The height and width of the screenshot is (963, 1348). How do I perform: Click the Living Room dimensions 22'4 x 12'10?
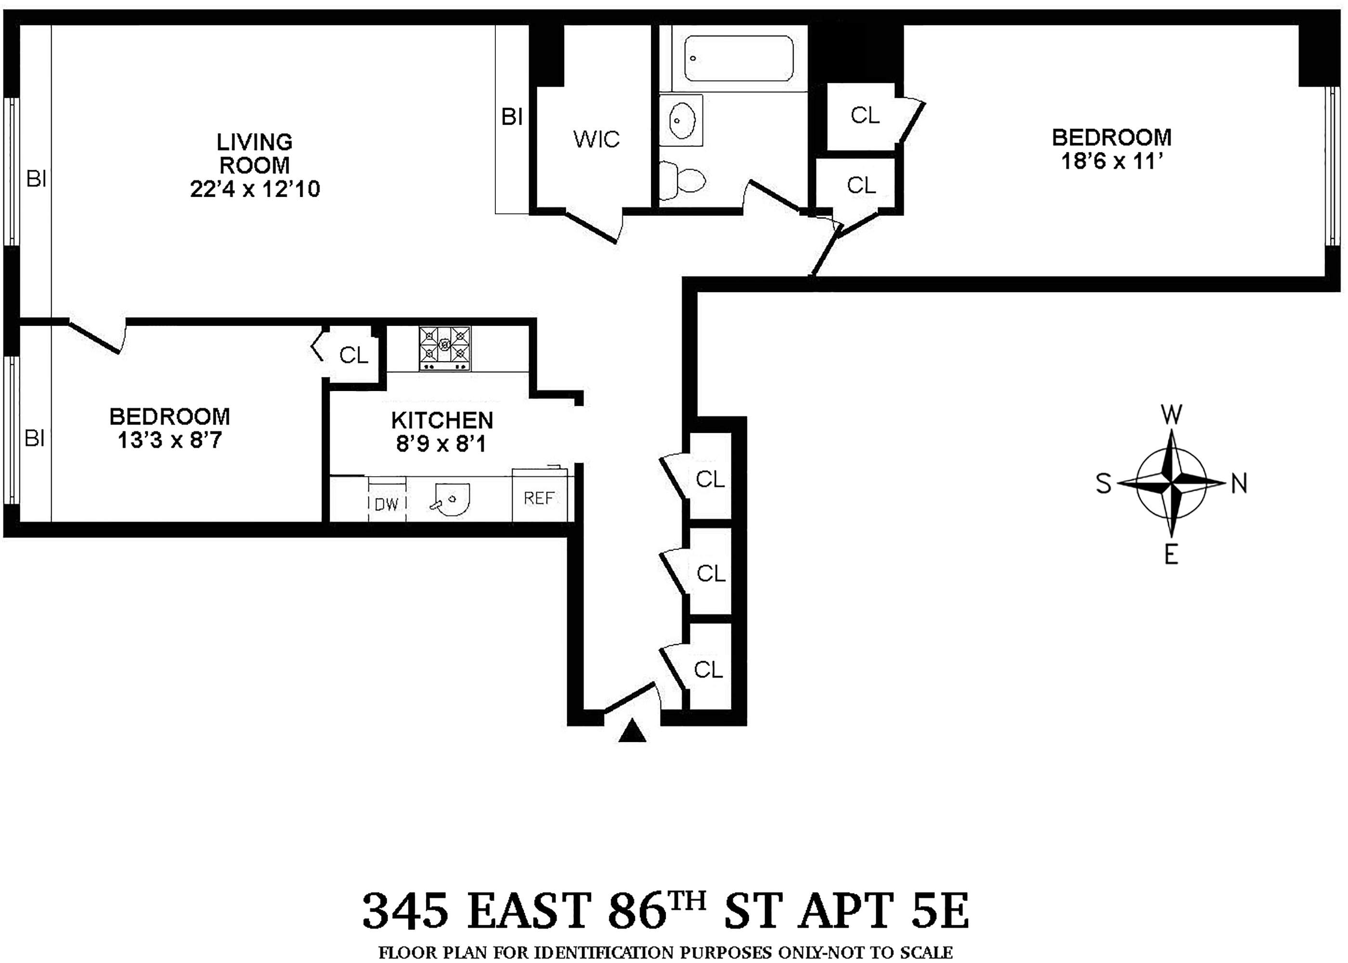tap(255, 189)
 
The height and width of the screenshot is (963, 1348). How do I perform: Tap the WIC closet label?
tap(596, 139)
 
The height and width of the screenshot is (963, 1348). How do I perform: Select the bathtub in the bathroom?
tap(739, 58)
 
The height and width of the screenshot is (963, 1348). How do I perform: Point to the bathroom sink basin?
tap(682, 120)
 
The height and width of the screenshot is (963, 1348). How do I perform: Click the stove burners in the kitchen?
tap(444, 348)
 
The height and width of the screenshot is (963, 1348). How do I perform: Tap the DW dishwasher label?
tap(387, 505)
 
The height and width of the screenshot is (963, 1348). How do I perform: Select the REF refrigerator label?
tap(539, 498)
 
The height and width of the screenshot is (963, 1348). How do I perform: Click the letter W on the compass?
tap(1171, 415)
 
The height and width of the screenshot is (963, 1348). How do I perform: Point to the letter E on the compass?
tap(1171, 555)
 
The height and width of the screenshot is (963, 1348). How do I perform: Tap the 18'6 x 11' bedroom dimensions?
tap(1112, 161)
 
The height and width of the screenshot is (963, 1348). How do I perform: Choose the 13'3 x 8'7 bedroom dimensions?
tap(169, 441)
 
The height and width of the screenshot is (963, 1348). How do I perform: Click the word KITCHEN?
tap(442, 420)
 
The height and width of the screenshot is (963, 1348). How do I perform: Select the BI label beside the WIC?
tap(512, 117)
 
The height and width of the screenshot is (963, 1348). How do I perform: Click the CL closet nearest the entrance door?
tap(708, 669)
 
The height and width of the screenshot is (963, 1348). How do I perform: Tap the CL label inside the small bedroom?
tap(354, 355)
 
